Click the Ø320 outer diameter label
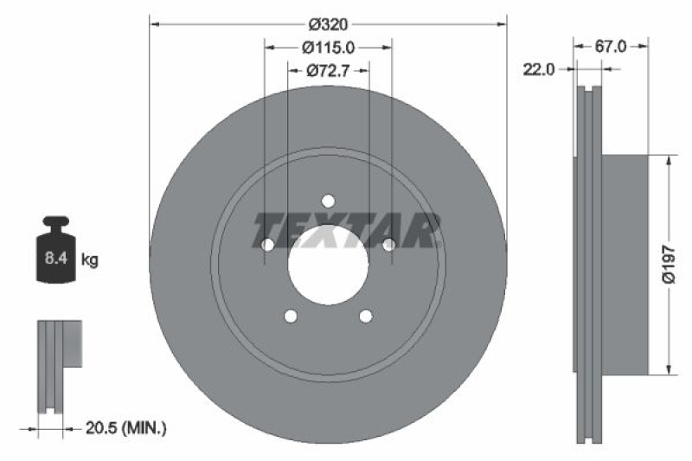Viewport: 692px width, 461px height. point(328,24)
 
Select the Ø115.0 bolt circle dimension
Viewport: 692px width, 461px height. point(328,48)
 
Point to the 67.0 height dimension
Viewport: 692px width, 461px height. point(611,48)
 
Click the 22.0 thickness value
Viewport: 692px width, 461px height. point(539,71)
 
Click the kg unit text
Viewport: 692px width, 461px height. point(89,258)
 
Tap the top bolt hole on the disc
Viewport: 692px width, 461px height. point(328,202)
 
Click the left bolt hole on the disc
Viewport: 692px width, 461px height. point(267,246)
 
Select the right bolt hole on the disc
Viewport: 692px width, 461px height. point(389,246)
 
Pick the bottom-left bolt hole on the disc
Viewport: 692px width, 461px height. point(291,316)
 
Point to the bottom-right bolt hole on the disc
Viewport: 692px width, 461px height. point(366,316)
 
